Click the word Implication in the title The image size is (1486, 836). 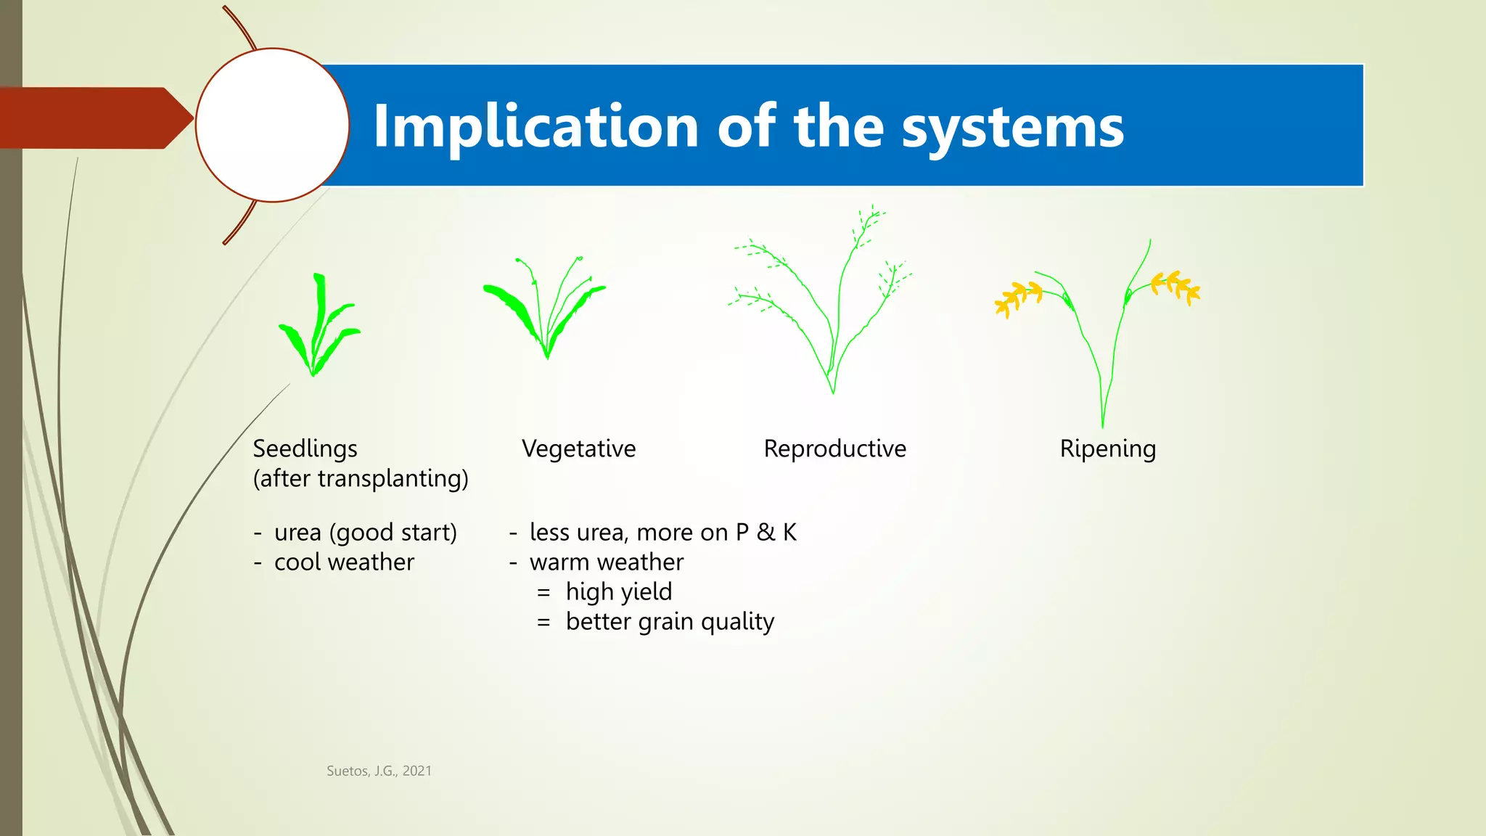click(535, 128)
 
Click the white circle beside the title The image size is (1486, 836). click(272, 125)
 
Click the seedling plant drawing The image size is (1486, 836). click(317, 330)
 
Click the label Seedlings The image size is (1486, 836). click(305, 448)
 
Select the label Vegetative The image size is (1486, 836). click(578, 448)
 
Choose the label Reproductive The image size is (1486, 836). click(834, 448)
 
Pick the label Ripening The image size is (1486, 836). click(1107, 448)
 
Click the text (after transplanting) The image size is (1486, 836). click(361, 478)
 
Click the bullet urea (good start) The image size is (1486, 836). click(365, 532)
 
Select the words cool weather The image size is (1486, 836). click(344, 562)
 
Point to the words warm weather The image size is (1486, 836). click(606, 562)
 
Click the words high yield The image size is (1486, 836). click(618, 591)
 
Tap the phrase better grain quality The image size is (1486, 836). click(669, 621)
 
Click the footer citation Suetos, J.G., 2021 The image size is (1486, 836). click(379, 771)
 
